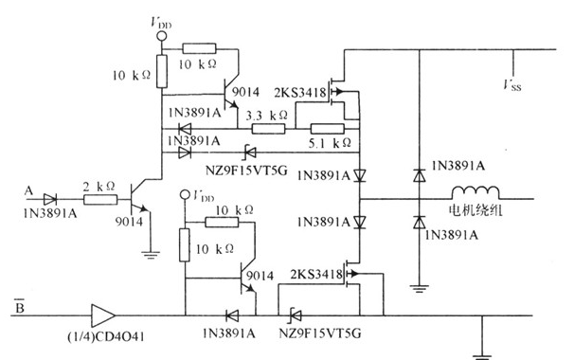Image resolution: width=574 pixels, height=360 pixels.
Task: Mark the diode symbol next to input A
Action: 51,201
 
